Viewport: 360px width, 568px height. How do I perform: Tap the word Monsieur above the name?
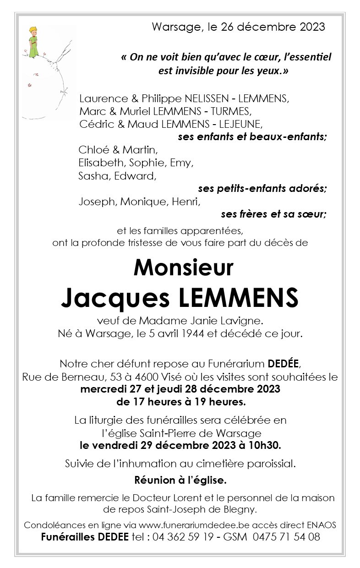(x=183, y=268)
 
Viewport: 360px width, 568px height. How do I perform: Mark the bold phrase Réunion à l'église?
(x=180, y=481)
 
